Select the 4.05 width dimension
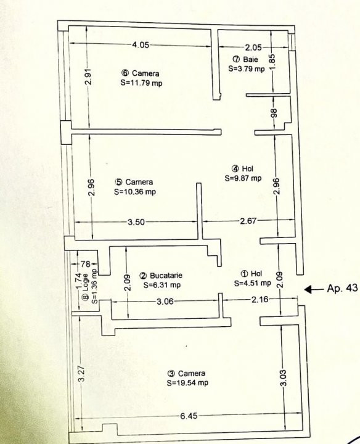[x=141, y=44]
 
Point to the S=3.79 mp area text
[x=246, y=68]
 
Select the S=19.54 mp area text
[x=187, y=382]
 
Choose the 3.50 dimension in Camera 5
[x=136, y=222]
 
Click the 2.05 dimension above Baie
[x=253, y=47]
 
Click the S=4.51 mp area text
[x=253, y=284]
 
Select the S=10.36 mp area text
[x=135, y=191]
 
